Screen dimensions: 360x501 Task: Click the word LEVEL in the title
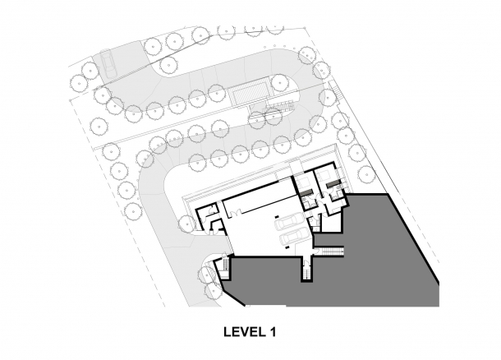pyautogui.click(x=241, y=333)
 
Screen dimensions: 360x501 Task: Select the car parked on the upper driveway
pyautogui.click(x=104, y=62)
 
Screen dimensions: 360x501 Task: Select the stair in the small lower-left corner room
pyautogui.click(x=220, y=265)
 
